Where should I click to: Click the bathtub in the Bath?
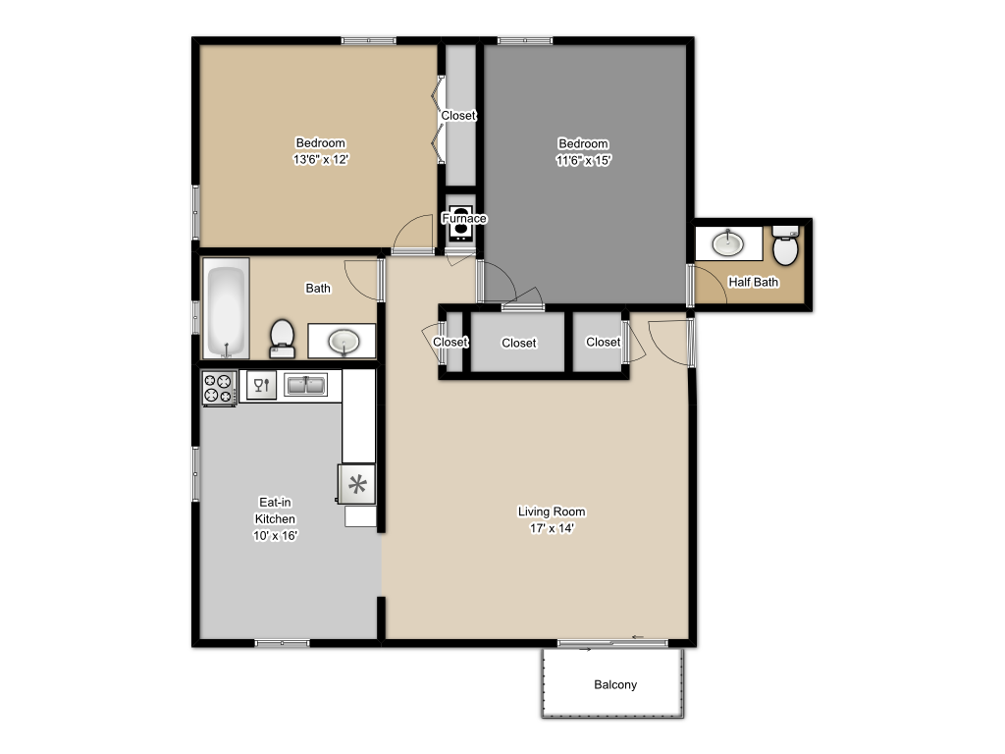(x=226, y=308)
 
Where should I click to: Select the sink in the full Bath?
(x=344, y=341)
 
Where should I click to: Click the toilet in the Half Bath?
(x=785, y=247)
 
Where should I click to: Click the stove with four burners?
(x=219, y=387)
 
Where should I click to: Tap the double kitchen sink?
(x=306, y=385)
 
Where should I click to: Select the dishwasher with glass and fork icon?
(x=261, y=386)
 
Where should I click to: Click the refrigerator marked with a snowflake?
(x=357, y=483)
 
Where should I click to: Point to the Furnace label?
(x=463, y=218)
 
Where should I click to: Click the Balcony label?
(x=615, y=684)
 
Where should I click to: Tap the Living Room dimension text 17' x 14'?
(x=552, y=528)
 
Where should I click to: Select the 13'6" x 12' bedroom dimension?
(x=321, y=160)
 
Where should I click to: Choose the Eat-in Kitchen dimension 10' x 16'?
(x=275, y=536)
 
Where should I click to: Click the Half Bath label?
(x=753, y=282)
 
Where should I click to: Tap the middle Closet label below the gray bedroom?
(x=518, y=343)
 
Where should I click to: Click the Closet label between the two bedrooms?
(x=458, y=115)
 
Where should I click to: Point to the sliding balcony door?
(x=613, y=643)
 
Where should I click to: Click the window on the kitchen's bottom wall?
(x=283, y=643)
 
